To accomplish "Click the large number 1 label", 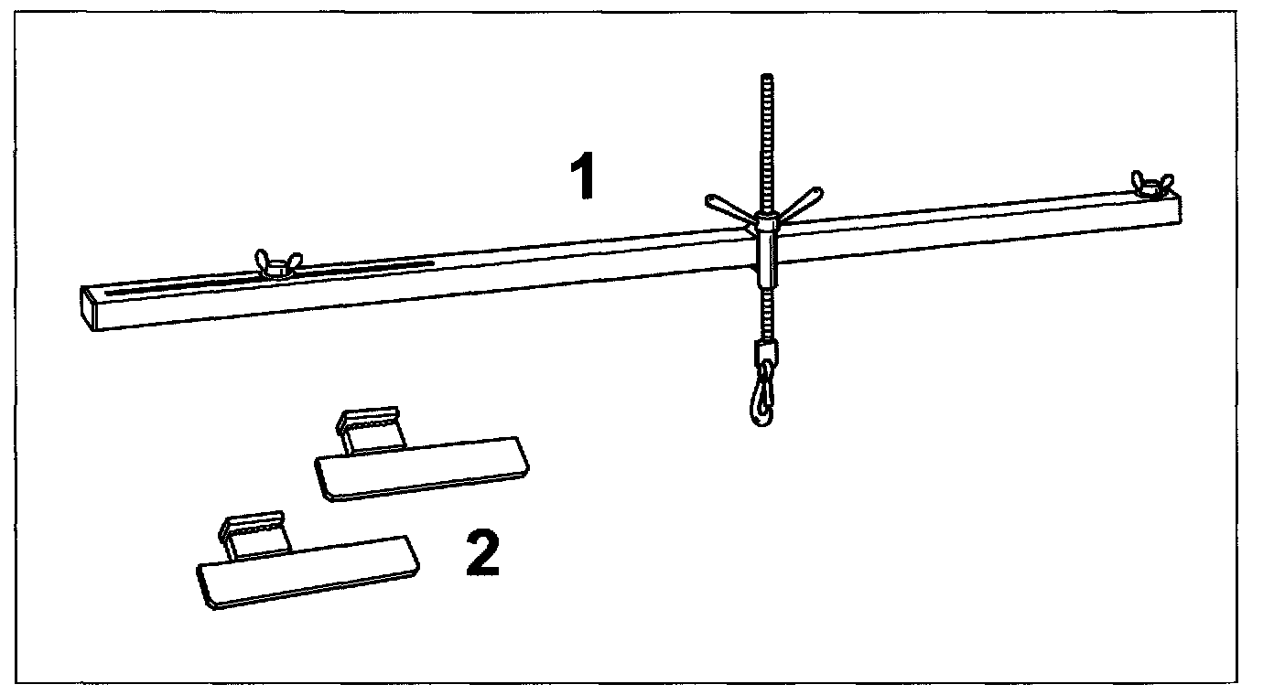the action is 582,176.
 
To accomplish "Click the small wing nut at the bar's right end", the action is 1152,183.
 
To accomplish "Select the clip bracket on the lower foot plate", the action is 253,533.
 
